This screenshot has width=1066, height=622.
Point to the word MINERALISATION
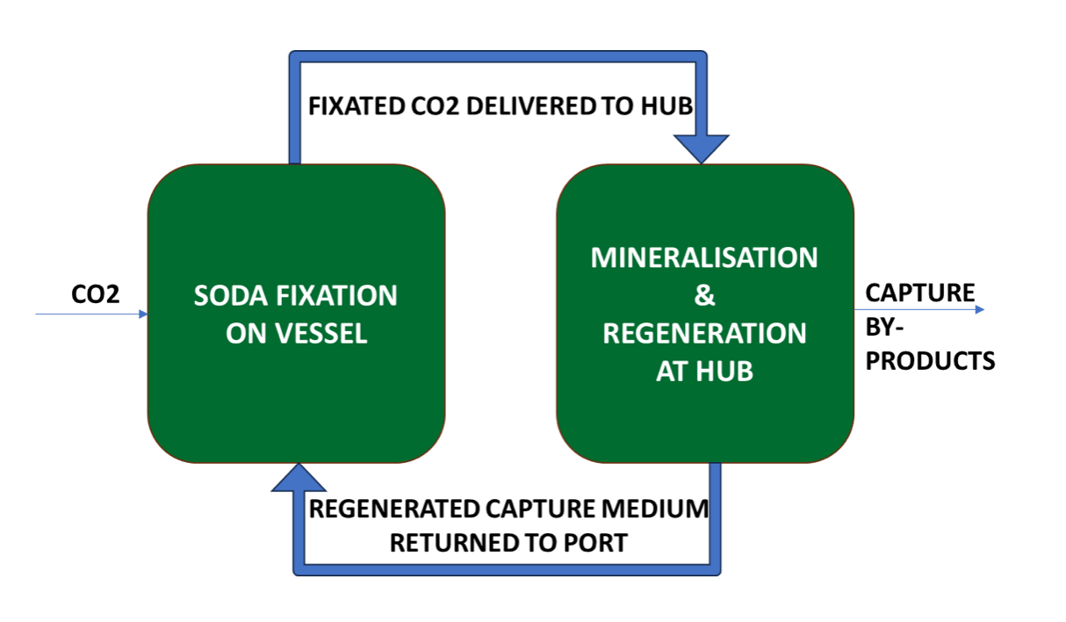(704, 257)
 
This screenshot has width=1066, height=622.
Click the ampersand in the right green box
(705, 296)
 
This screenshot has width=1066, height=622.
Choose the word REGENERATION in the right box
(705, 334)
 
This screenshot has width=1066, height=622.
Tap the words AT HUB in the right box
(704, 372)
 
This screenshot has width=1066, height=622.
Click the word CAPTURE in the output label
(919, 293)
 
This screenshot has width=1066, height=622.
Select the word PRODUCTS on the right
(931, 360)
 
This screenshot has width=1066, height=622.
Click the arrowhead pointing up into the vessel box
(299, 477)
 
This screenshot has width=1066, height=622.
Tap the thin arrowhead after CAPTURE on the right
(979, 309)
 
